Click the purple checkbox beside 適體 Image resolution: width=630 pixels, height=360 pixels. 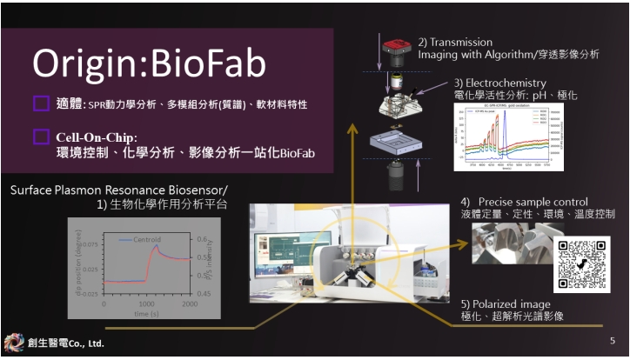[x=41, y=104]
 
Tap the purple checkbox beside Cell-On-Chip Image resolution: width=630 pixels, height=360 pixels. [x=41, y=137]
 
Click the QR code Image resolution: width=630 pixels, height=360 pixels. [x=582, y=263]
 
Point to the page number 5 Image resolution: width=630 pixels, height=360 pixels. [x=612, y=342]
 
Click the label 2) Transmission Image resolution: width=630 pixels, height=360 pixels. [x=455, y=42]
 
